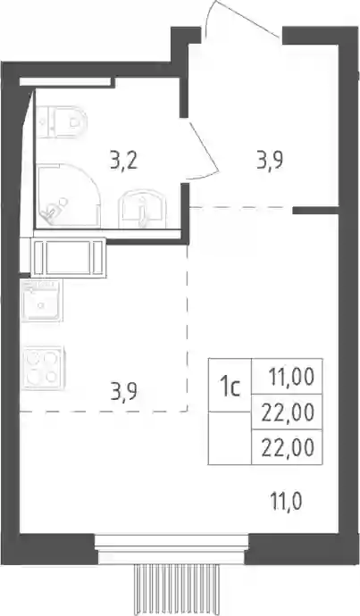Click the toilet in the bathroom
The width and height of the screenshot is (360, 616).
coord(62,122)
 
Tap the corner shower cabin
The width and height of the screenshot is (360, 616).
coord(68,196)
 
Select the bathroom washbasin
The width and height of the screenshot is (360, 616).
coord(141,209)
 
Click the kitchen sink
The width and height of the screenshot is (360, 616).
coord(42,300)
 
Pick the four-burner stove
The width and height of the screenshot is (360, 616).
coord(43,368)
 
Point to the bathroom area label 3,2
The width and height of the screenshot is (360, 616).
coord(123,162)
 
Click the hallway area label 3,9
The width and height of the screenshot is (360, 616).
coord(270,161)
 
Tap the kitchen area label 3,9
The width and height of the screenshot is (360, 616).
coord(123,393)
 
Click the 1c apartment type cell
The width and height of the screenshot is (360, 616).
coord(230,385)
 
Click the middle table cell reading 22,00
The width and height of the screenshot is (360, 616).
coord(287,412)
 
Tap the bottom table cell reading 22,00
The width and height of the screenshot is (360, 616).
coord(287,447)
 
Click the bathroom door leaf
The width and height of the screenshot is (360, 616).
coord(202,146)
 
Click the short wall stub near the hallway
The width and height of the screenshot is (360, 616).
coord(315,211)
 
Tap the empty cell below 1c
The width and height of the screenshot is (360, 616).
coord(230,438)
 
